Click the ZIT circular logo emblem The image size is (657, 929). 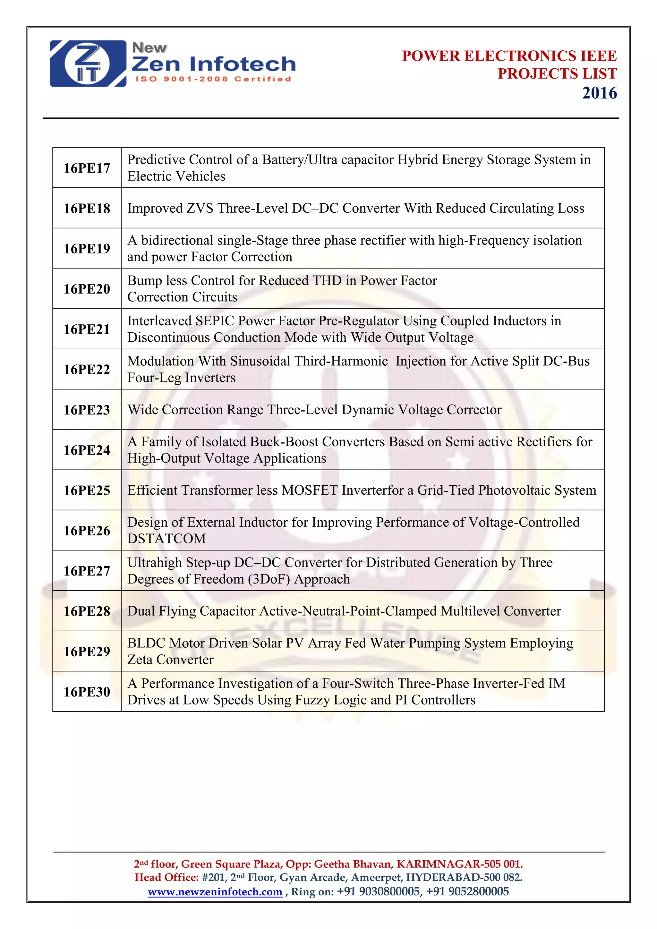tap(87, 64)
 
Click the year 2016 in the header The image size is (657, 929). tap(599, 93)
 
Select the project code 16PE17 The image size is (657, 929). tap(87, 168)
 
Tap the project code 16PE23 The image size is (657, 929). tap(87, 410)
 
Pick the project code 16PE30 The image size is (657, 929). tap(87, 692)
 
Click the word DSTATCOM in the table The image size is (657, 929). tap(167, 539)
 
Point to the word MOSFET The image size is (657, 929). tap(310, 490)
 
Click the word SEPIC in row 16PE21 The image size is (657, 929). tap(215, 321)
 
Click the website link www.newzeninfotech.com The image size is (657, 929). tap(215, 892)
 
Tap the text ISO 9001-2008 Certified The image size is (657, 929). tap(213, 79)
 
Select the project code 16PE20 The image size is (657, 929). tap(87, 289)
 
